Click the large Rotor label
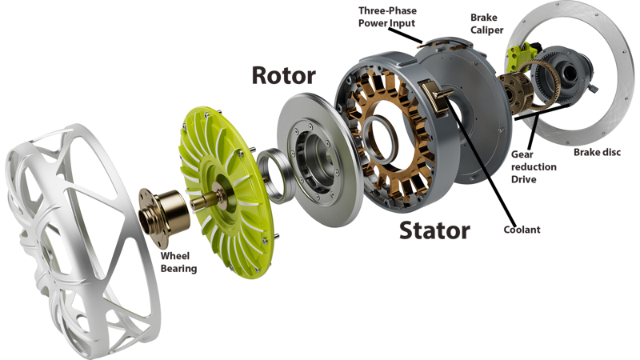[284, 75]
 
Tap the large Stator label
[434, 230]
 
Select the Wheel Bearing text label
[178, 262]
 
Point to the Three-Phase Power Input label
[387, 17]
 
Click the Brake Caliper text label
[486, 24]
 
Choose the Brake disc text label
[597, 152]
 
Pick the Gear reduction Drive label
[534, 166]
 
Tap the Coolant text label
[522, 230]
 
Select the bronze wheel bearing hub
[163, 216]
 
